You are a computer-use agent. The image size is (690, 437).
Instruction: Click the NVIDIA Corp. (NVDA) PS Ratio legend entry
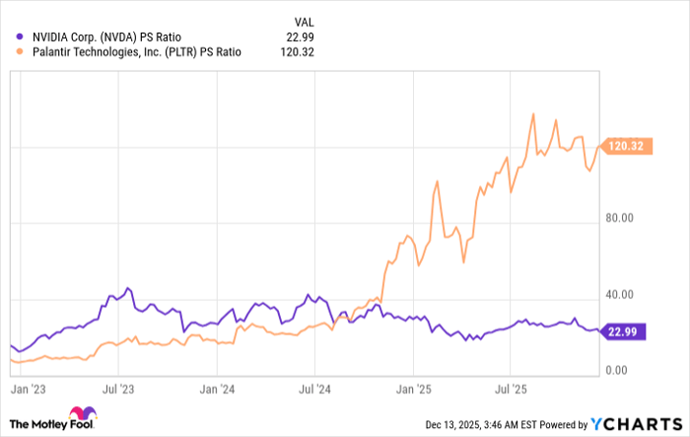(x=113, y=37)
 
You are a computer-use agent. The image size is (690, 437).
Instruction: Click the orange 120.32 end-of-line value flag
(x=627, y=145)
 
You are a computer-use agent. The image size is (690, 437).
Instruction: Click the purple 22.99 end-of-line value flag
(x=627, y=332)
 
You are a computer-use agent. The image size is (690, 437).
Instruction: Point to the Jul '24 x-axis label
(x=313, y=390)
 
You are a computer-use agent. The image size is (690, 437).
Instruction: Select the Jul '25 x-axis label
(x=510, y=390)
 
